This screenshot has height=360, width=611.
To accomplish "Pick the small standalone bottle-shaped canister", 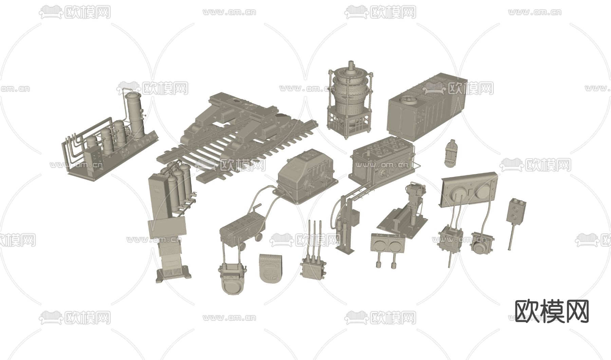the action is [x=451, y=152].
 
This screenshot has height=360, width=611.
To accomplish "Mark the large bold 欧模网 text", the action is [x=552, y=311].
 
